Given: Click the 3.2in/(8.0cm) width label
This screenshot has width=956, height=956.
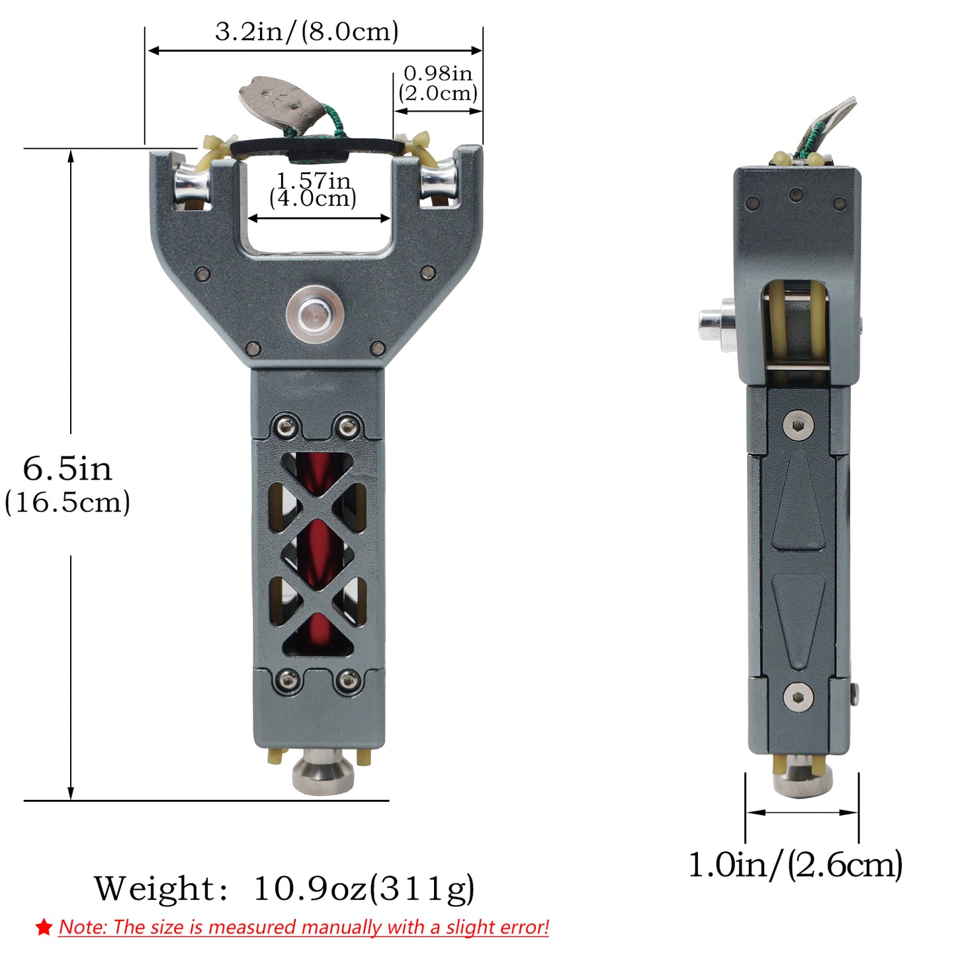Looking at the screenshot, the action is pos(306,32).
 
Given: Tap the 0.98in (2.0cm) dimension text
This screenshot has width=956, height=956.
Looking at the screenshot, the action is pos(437,83).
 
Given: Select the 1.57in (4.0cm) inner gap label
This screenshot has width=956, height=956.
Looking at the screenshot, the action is pos(313,189).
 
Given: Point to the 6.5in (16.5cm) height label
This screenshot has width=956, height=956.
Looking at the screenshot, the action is pos(67,485).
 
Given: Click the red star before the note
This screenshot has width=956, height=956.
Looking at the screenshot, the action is pos(44,927).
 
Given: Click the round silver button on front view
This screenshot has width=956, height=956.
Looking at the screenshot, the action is pos(314,314).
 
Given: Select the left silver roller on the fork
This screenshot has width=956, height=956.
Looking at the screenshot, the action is pos(191,182).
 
